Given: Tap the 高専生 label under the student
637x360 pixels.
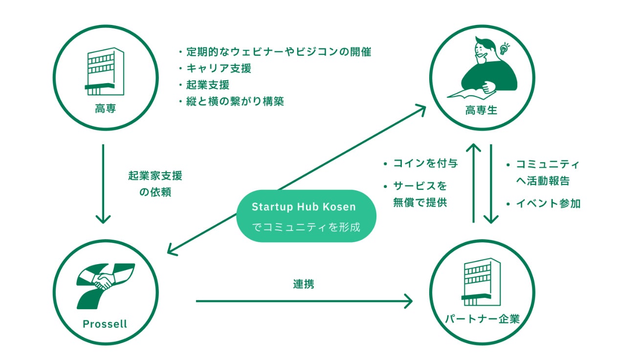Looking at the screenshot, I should tap(482, 110).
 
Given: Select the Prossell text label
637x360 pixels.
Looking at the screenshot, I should tap(105, 324).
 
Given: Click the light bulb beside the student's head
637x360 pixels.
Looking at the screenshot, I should tap(505, 48).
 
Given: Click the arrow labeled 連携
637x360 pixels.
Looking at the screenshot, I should tap(304, 301).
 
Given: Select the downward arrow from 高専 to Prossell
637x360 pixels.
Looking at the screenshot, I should tap(103, 183).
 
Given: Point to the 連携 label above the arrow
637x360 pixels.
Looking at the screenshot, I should tap(304, 284).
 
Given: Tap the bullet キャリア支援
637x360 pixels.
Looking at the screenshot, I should tap(218, 68).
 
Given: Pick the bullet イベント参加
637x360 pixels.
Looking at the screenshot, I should tap(548, 204).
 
